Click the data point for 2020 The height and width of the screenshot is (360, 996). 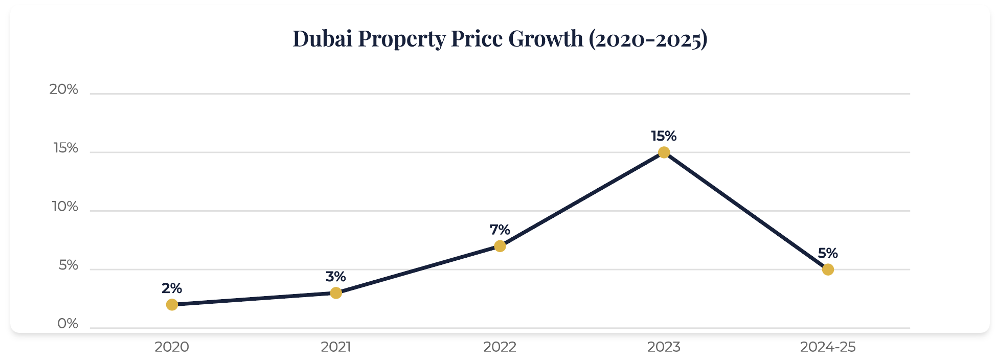tap(172, 305)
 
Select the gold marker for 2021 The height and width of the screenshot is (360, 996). tap(336, 293)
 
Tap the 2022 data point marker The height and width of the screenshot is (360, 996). tap(500, 246)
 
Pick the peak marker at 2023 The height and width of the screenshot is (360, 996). tap(664, 152)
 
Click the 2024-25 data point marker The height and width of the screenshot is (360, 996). tap(828, 269)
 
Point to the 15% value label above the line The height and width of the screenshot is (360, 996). tap(664, 136)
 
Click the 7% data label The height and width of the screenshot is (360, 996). tap(500, 230)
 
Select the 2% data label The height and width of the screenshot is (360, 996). tap(172, 288)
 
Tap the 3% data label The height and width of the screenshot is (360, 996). tap(336, 277)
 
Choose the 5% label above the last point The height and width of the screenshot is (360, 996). tap(828, 253)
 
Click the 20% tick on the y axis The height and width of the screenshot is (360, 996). tap(64, 89)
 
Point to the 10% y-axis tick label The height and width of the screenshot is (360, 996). tap(65, 207)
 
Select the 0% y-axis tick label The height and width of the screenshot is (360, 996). tap(68, 324)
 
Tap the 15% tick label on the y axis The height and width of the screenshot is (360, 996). tap(65, 148)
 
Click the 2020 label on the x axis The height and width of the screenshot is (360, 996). tap(172, 347)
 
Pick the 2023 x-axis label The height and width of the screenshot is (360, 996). tap(664, 347)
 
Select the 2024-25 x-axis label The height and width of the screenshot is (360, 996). tap(828, 347)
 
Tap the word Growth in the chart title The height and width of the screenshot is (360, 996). tap(546, 39)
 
